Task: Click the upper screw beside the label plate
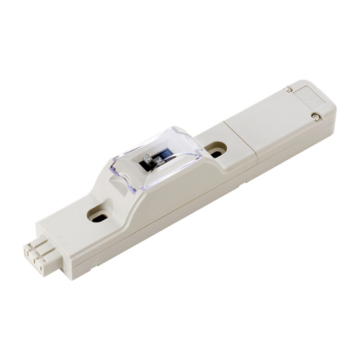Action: [289, 89]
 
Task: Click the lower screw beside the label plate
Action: [315, 114]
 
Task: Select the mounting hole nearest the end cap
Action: [215, 150]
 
